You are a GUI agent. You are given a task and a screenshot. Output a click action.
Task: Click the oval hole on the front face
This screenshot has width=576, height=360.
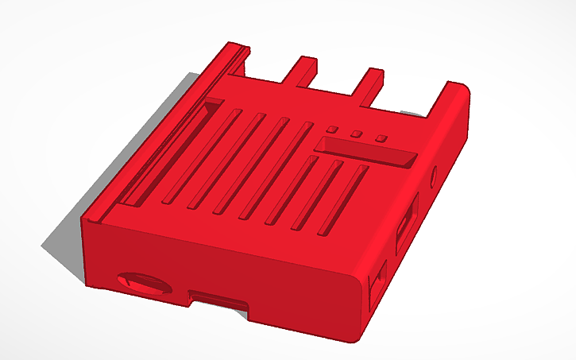tap(142, 282)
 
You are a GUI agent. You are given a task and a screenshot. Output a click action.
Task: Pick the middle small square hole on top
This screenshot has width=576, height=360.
tap(357, 134)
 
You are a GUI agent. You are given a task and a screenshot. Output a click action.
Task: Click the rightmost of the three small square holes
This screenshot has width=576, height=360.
tap(381, 139)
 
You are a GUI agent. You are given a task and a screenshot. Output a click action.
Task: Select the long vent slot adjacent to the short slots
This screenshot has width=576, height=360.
tap(281, 171)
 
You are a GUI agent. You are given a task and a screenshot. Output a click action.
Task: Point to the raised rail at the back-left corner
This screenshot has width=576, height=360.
tap(226, 60)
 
